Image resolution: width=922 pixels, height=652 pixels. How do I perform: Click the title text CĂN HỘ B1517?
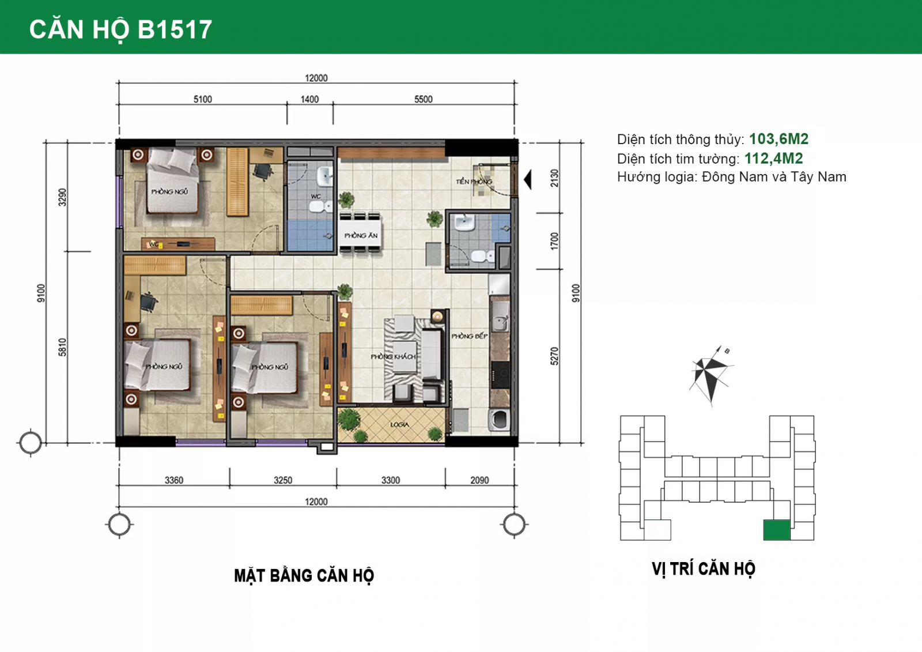[120, 29]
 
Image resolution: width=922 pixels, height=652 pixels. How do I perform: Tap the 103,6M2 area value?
[779, 139]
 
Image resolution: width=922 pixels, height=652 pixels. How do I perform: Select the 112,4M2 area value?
[774, 159]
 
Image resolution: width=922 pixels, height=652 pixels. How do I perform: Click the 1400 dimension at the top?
[309, 99]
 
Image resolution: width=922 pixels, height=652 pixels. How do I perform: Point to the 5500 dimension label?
[424, 99]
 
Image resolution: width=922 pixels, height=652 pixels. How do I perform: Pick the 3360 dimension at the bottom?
[173, 480]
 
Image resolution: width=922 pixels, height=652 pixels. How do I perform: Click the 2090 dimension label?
[479, 480]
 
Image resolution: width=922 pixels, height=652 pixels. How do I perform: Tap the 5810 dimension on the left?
[62, 347]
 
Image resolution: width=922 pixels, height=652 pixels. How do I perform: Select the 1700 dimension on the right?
[554, 241]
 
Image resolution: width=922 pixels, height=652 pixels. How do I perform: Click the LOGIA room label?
[399, 424]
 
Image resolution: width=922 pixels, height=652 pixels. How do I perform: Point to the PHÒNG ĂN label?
[361, 236]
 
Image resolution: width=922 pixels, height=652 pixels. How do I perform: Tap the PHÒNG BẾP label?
[470, 336]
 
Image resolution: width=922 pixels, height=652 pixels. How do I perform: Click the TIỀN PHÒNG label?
[474, 182]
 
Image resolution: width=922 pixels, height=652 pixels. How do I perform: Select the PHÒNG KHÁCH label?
[393, 356]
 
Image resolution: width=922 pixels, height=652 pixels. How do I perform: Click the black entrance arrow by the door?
[528, 180]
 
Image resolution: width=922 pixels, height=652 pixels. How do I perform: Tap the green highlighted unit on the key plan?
[777, 530]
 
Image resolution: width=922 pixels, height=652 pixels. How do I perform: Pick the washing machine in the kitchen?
[499, 419]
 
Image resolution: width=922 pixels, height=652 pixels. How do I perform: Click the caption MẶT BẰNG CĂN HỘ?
[304, 576]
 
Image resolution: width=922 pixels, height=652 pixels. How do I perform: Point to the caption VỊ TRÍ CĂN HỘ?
[704, 569]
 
